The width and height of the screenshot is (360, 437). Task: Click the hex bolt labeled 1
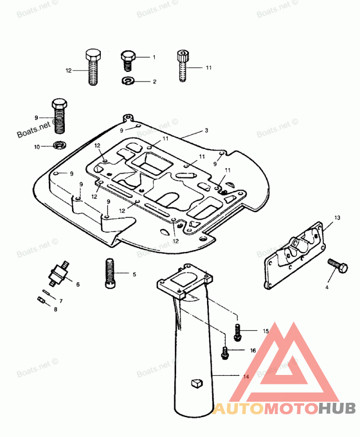[128, 60]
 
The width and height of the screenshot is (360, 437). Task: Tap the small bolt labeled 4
[338, 266]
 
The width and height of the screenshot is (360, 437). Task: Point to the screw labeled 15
[237, 331]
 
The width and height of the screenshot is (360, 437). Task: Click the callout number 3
[206, 130]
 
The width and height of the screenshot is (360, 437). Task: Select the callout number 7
[61, 300]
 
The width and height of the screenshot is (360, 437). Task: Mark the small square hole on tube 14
[195, 383]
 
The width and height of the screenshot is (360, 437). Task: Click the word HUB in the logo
[337, 408]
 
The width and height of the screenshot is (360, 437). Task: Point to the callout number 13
[337, 218]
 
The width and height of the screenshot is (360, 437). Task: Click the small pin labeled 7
[46, 293]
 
